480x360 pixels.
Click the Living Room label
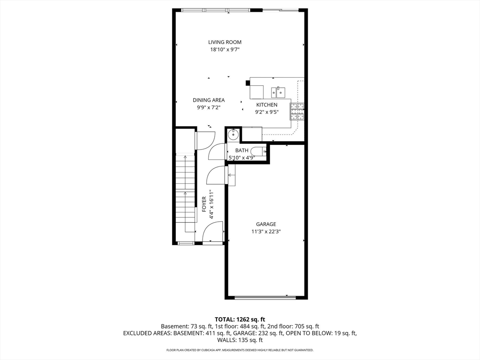[225, 42]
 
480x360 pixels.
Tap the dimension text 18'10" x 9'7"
[225, 49]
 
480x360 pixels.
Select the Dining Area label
[209, 100]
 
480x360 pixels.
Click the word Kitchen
[266, 105]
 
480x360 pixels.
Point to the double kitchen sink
[278, 90]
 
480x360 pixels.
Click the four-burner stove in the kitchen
[297, 112]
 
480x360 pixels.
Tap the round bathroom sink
[233, 135]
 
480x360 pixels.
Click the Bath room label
[242, 150]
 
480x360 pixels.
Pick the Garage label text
[266, 224]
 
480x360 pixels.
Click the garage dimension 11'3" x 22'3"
[266, 231]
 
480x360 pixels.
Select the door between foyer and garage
[216, 175]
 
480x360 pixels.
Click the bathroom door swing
[217, 152]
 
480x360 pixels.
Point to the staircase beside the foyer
[185, 192]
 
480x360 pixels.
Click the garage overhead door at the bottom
[266, 297]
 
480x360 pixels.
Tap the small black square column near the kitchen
[247, 83]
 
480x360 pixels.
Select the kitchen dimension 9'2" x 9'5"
[266, 112]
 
